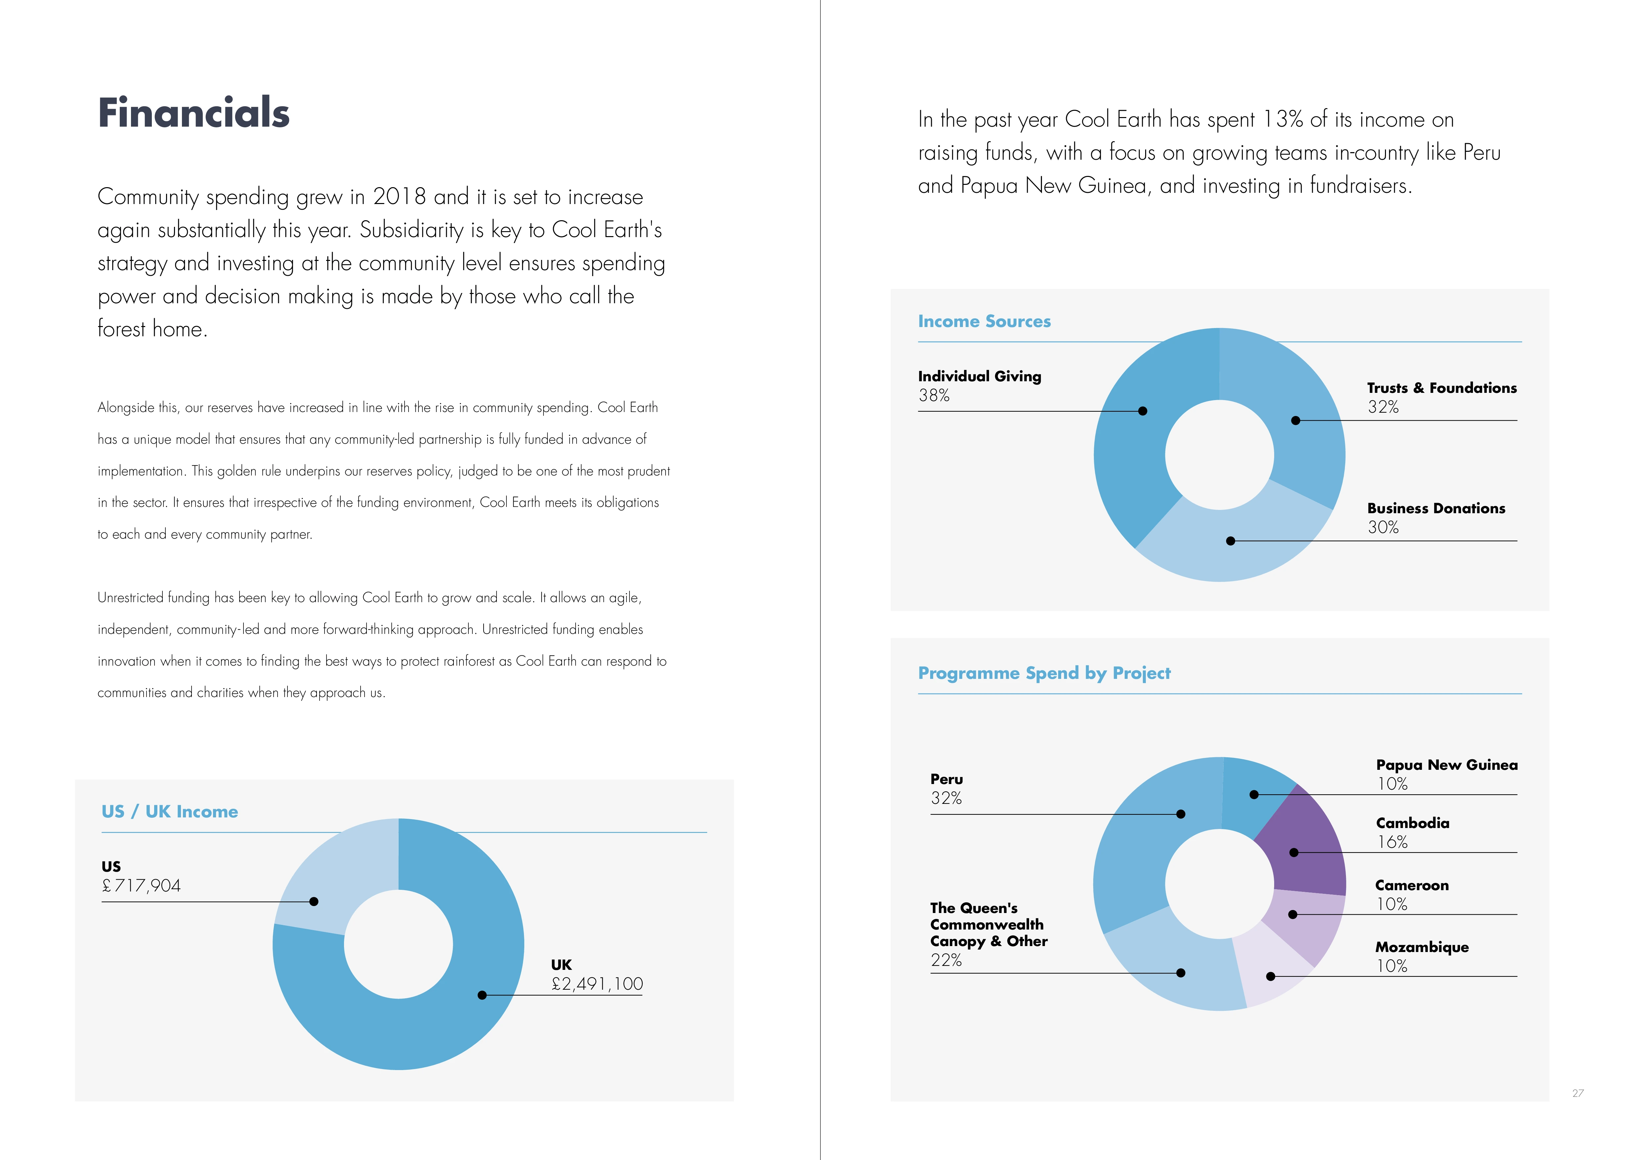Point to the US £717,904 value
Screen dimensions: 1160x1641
tap(142, 886)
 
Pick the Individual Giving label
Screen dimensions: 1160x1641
tap(979, 376)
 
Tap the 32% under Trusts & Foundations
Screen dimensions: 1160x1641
tap(1383, 407)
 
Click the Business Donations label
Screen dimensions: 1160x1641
tap(1436, 509)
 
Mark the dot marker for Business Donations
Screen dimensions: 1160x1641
tap(1230, 541)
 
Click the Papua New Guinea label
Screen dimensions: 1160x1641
tap(1447, 765)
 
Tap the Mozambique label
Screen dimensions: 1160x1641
tap(1422, 947)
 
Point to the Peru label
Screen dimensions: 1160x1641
tap(946, 779)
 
